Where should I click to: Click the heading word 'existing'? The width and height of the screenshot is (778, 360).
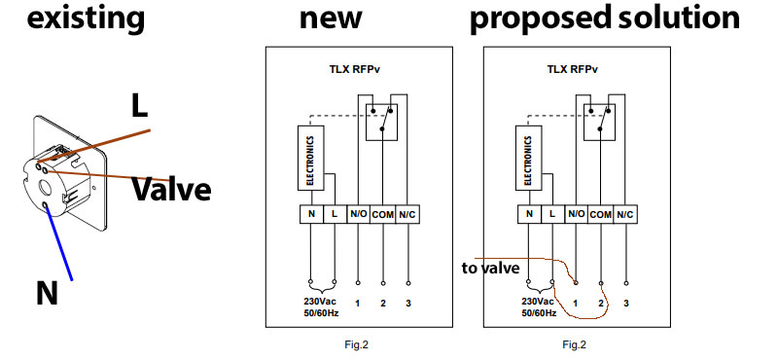(x=86, y=19)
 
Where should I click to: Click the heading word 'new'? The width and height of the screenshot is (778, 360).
(x=331, y=19)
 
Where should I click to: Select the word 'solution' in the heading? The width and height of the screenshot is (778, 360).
(x=679, y=18)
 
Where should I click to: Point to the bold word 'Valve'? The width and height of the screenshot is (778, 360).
(x=171, y=189)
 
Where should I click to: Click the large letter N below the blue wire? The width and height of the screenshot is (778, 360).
(x=47, y=293)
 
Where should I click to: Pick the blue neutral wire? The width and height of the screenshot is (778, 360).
(x=58, y=242)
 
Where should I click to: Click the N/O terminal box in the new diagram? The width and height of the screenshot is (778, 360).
(x=358, y=214)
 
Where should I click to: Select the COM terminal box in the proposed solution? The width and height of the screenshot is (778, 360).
(x=601, y=214)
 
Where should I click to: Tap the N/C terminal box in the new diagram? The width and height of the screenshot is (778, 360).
(x=407, y=214)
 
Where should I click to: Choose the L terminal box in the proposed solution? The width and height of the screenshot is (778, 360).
(x=552, y=214)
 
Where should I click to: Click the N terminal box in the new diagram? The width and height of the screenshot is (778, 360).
(x=311, y=214)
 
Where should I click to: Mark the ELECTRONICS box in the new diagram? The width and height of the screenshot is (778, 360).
(x=310, y=158)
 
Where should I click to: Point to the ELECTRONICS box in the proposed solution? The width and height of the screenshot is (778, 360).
(x=528, y=158)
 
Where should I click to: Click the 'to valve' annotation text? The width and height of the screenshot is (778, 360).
(x=490, y=269)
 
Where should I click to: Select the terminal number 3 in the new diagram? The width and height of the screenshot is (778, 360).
(x=407, y=303)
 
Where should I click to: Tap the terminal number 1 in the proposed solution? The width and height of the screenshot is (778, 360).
(x=576, y=303)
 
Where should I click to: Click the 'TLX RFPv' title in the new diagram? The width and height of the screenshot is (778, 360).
(x=355, y=69)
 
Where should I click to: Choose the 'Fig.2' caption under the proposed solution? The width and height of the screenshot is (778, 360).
(x=575, y=344)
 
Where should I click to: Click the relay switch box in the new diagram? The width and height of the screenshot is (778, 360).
(x=381, y=123)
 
